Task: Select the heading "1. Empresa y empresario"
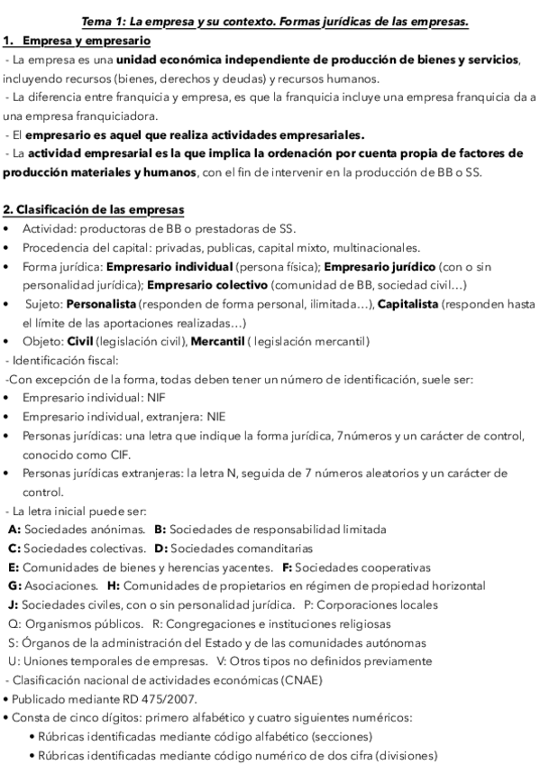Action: (78, 41)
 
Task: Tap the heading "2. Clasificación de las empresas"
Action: (94, 210)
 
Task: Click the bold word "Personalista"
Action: (101, 305)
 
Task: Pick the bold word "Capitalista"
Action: (407, 305)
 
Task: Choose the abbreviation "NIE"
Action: (217, 416)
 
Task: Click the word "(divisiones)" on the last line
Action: (411, 755)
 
